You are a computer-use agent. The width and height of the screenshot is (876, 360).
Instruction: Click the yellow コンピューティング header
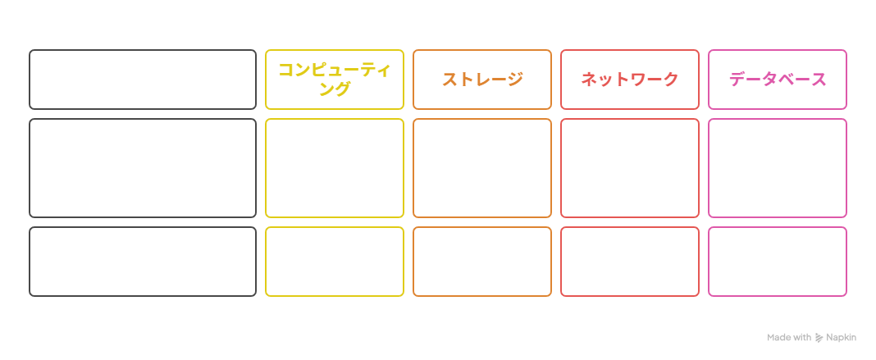click(334, 80)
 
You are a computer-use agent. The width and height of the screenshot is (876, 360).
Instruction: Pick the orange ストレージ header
click(482, 80)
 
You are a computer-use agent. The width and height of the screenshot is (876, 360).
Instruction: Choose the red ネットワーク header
click(630, 80)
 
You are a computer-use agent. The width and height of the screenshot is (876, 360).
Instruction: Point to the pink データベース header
click(778, 80)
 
